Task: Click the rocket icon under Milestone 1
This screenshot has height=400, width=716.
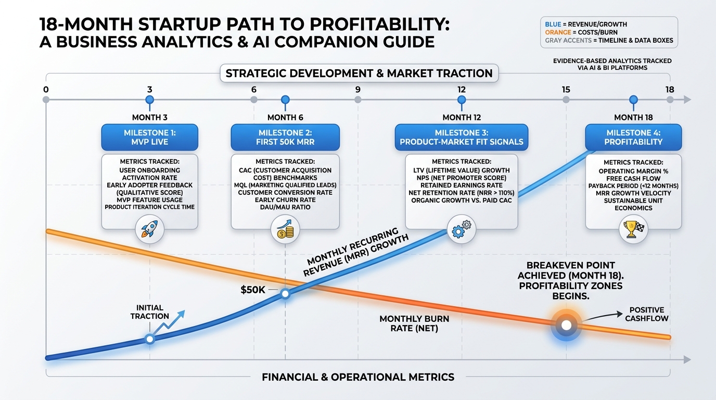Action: point(149,228)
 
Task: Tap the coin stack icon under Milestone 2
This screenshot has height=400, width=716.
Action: point(285,229)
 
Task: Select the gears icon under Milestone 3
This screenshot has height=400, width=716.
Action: point(461,229)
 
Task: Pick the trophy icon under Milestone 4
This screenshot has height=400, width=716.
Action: point(633,229)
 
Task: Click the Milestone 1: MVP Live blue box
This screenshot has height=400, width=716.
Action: point(150,137)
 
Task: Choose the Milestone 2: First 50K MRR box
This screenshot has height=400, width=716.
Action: point(285,137)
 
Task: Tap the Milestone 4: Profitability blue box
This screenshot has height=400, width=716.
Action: point(633,137)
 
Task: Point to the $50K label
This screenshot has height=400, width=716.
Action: point(253,290)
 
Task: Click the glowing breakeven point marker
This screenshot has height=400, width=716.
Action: point(566,325)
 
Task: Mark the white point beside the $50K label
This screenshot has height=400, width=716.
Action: point(285,294)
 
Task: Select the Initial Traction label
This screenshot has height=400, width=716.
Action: point(150,312)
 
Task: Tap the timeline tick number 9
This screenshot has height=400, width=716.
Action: point(357,90)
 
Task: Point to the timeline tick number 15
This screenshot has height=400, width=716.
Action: point(566,90)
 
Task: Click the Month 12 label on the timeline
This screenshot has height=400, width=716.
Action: point(461,117)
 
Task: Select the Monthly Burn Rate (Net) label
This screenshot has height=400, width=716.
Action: point(414,323)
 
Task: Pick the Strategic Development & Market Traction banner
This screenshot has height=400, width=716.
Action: point(359,73)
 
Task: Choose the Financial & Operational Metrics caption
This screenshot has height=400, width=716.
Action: point(358,377)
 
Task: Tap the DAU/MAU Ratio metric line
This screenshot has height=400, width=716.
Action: point(285,207)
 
